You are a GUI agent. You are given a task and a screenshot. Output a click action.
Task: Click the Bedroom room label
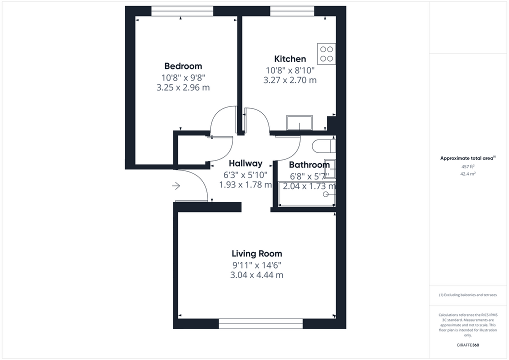click(x=183, y=66)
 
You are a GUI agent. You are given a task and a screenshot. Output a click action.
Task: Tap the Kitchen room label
click(x=289, y=59)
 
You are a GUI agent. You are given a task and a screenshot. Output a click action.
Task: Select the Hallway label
click(x=245, y=163)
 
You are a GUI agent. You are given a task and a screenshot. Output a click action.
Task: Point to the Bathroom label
click(x=309, y=165)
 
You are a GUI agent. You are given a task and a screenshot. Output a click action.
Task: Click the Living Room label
click(x=256, y=253)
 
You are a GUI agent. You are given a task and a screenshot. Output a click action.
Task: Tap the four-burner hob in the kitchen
click(x=326, y=54)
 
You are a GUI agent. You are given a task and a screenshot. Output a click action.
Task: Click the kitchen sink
click(x=299, y=122)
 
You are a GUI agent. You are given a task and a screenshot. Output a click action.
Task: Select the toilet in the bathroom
click(x=322, y=146)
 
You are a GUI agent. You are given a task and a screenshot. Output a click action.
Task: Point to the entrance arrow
click(x=176, y=186)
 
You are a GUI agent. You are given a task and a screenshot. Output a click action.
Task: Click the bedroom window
click(x=182, y=11)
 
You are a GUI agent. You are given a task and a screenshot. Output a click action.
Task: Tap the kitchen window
click(x=292, y=11)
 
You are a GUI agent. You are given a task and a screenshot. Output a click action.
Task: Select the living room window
click(x=260, y=323)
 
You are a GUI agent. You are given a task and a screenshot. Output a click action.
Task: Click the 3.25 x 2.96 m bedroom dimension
click(x=183, y=87)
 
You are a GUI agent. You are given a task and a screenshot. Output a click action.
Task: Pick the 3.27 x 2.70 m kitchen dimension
click(x=290, y=80)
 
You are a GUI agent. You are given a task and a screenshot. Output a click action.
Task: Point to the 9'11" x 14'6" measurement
click(x=256, y=265)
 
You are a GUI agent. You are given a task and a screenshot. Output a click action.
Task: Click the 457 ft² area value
click(x=467, y=166)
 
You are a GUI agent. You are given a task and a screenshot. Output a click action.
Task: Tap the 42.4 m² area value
click(x=467, y=173)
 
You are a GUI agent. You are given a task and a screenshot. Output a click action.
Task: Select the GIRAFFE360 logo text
click(x=468, y=345)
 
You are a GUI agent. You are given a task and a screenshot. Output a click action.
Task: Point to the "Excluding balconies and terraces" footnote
click(x=468, y=295)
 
